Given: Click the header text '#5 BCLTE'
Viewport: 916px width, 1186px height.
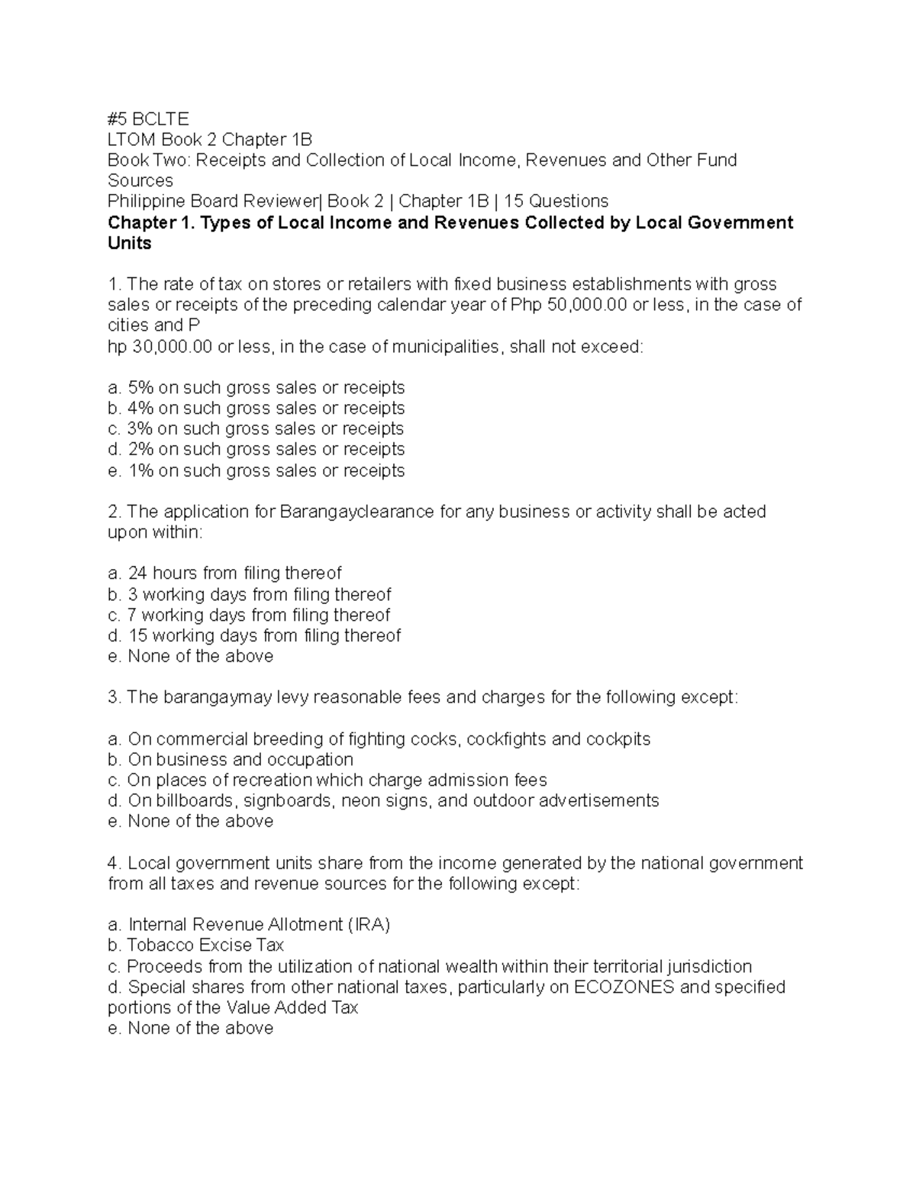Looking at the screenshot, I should point(148,119).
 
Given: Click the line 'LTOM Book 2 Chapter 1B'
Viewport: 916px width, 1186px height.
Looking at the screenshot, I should point(210,140).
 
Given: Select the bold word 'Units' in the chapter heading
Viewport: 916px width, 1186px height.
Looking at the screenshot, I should point(130,244).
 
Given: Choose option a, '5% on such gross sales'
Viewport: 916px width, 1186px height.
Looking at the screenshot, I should point(256,388).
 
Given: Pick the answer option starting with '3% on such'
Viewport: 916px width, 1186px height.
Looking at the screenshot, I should point(256,429).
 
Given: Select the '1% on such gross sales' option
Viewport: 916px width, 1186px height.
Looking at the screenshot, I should point(256,470).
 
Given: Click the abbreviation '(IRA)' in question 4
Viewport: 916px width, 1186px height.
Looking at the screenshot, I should point(369,925).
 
